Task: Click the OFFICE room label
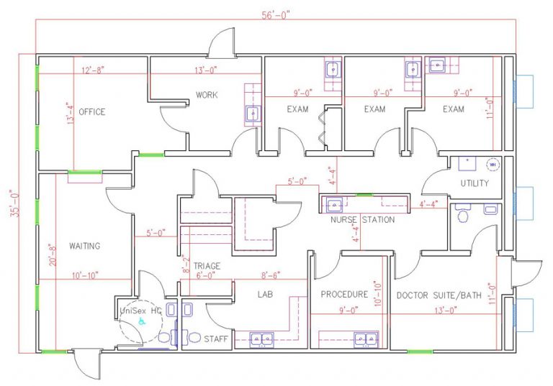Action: [91, 111]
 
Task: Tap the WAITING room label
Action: [84, 246]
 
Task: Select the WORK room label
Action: [207, 95]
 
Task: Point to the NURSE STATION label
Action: [362, 220]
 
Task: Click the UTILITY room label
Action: [475, 183]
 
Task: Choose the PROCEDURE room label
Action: [344, 294]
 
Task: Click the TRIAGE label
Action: [206, 266]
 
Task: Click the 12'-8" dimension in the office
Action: [93, 70]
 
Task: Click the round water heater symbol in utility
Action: [493, 165]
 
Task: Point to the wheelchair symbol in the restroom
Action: [141, 322]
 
